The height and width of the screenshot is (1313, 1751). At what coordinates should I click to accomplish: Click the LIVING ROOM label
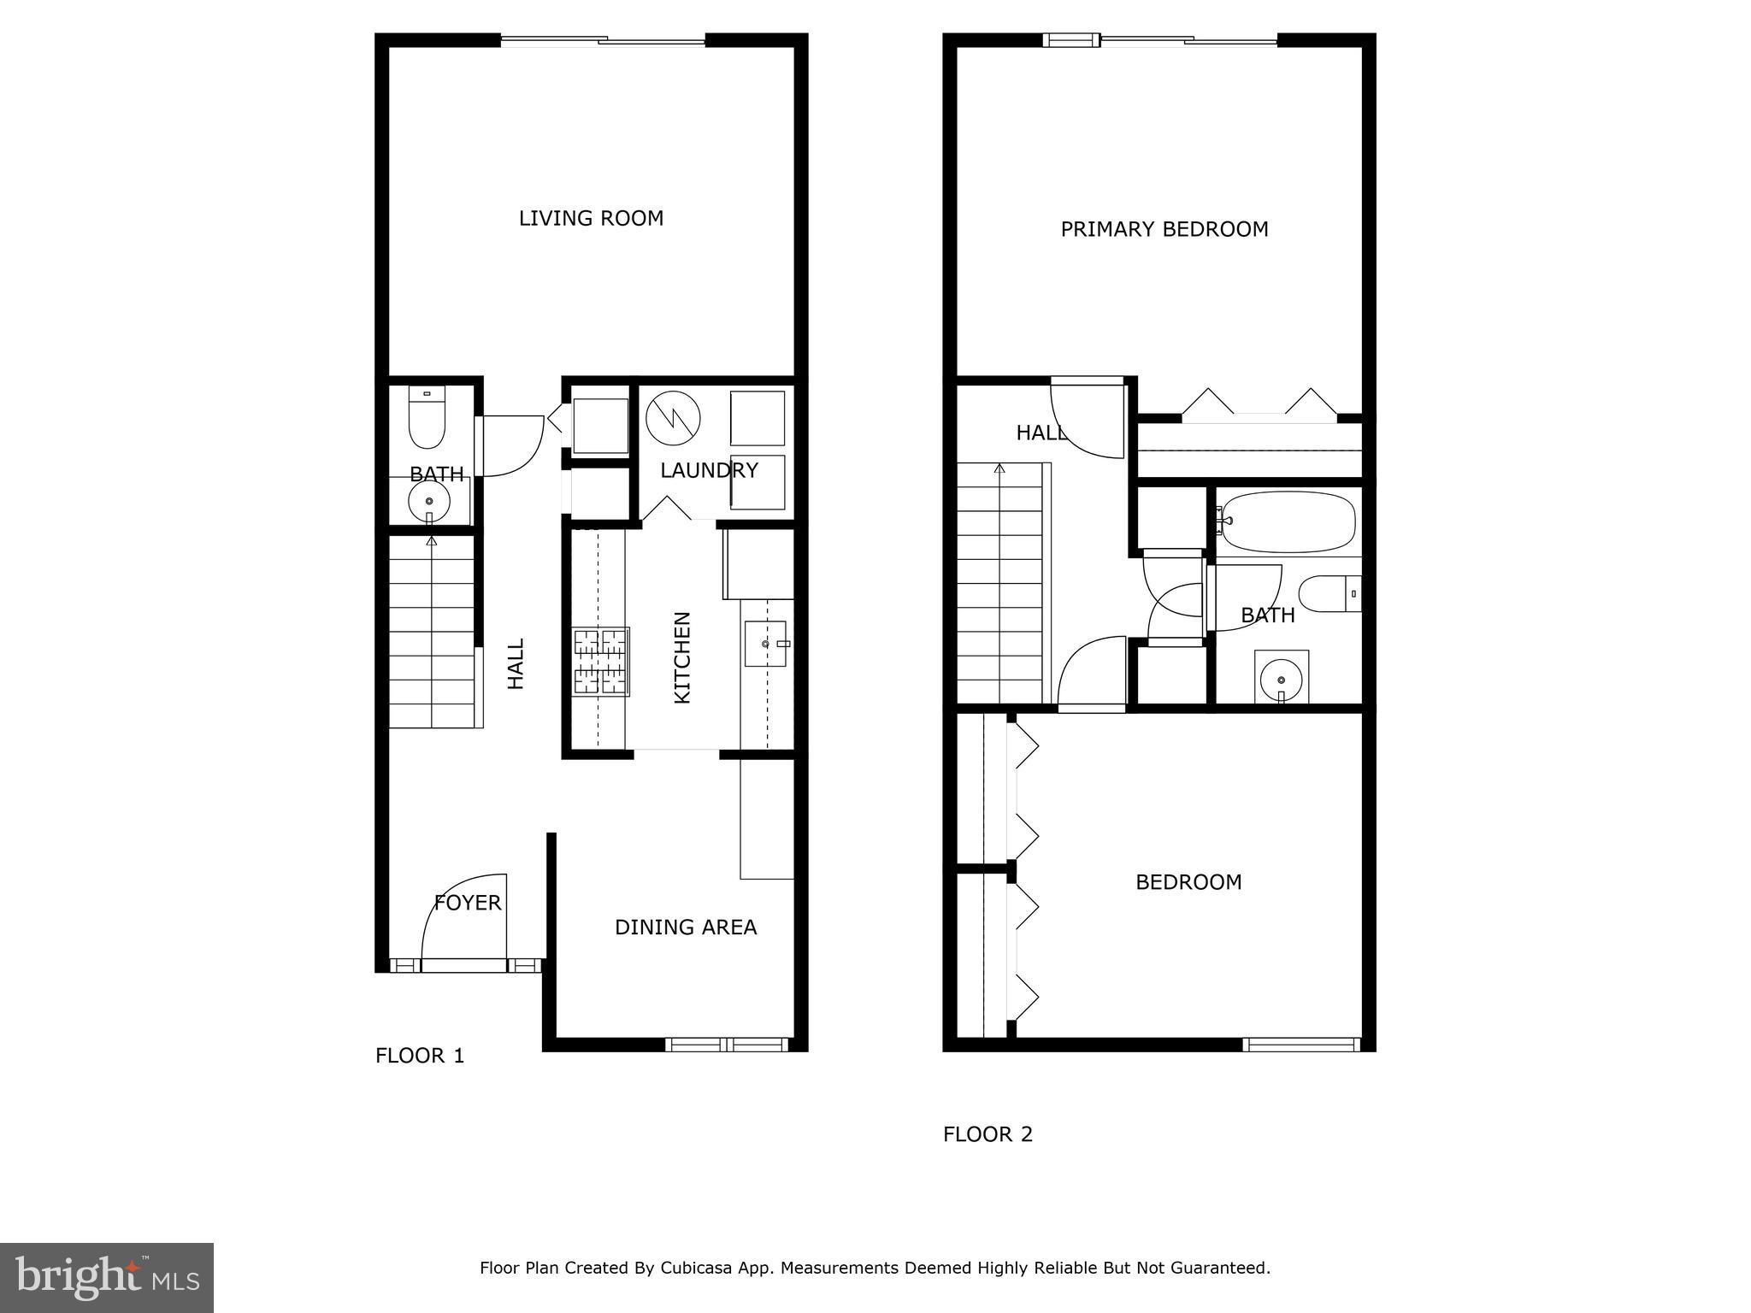point(591,219)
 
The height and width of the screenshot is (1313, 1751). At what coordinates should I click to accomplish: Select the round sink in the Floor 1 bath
point(429,501)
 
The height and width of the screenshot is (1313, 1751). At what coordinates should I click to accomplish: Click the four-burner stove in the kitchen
point(601,661)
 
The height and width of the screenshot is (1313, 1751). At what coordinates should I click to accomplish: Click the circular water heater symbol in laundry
point(673,418)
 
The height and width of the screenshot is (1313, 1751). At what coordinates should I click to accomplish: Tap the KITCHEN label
point(682,657)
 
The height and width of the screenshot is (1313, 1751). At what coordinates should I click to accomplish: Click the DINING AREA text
point(686,927)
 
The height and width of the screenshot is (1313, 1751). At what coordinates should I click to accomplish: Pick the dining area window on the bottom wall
point(727,1044)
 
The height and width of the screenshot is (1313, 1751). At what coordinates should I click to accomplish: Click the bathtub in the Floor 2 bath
point(1288,521)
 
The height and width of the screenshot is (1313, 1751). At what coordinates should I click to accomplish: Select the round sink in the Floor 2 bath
point(1281,680)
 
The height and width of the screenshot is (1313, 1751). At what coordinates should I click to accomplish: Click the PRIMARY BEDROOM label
point(1164,230)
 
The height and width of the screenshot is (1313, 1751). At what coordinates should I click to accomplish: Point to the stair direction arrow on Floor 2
point(999,468)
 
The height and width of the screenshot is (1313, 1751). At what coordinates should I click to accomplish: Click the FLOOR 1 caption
point(420,1056)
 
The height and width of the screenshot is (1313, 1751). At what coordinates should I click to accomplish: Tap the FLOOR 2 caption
point(988,1134)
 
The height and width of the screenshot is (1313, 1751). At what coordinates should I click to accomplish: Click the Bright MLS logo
point(107,1277)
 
